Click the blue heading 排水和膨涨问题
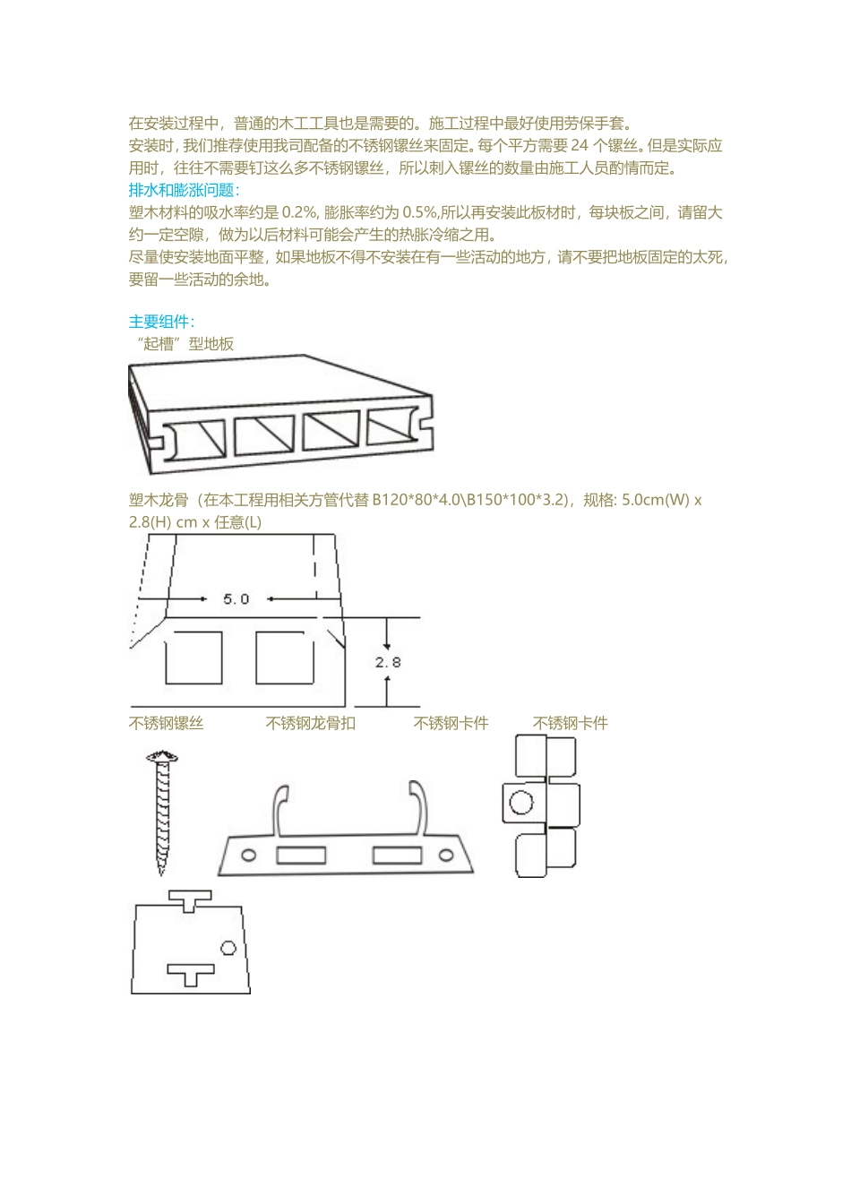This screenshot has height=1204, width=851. click(x=184, y=190)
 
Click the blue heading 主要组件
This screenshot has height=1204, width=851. click(x=161, y=322)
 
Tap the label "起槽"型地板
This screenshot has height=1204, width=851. click(x=183, y=344)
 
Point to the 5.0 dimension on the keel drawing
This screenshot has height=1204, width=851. click(x=236, y=598)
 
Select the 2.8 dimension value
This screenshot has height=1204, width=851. click(x=388, y=663)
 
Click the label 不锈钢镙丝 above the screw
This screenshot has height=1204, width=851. click(x=167, y=723)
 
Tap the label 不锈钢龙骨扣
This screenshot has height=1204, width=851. click(x=311, y=723)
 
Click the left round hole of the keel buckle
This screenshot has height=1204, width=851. click(x=250, y=856)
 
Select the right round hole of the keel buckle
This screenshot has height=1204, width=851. click(x=445, y=856)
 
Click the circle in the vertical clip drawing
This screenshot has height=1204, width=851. click(x=521, y=802)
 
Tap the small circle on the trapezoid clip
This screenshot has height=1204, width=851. click(x=228, y=948)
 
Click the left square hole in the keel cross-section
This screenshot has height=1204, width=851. click(x=193, y=658)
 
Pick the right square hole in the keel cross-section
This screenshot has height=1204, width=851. click(x=285, y=658)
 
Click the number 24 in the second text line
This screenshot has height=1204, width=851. click(x=580, y=145)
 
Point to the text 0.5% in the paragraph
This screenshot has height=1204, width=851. click(x=419, y=212)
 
